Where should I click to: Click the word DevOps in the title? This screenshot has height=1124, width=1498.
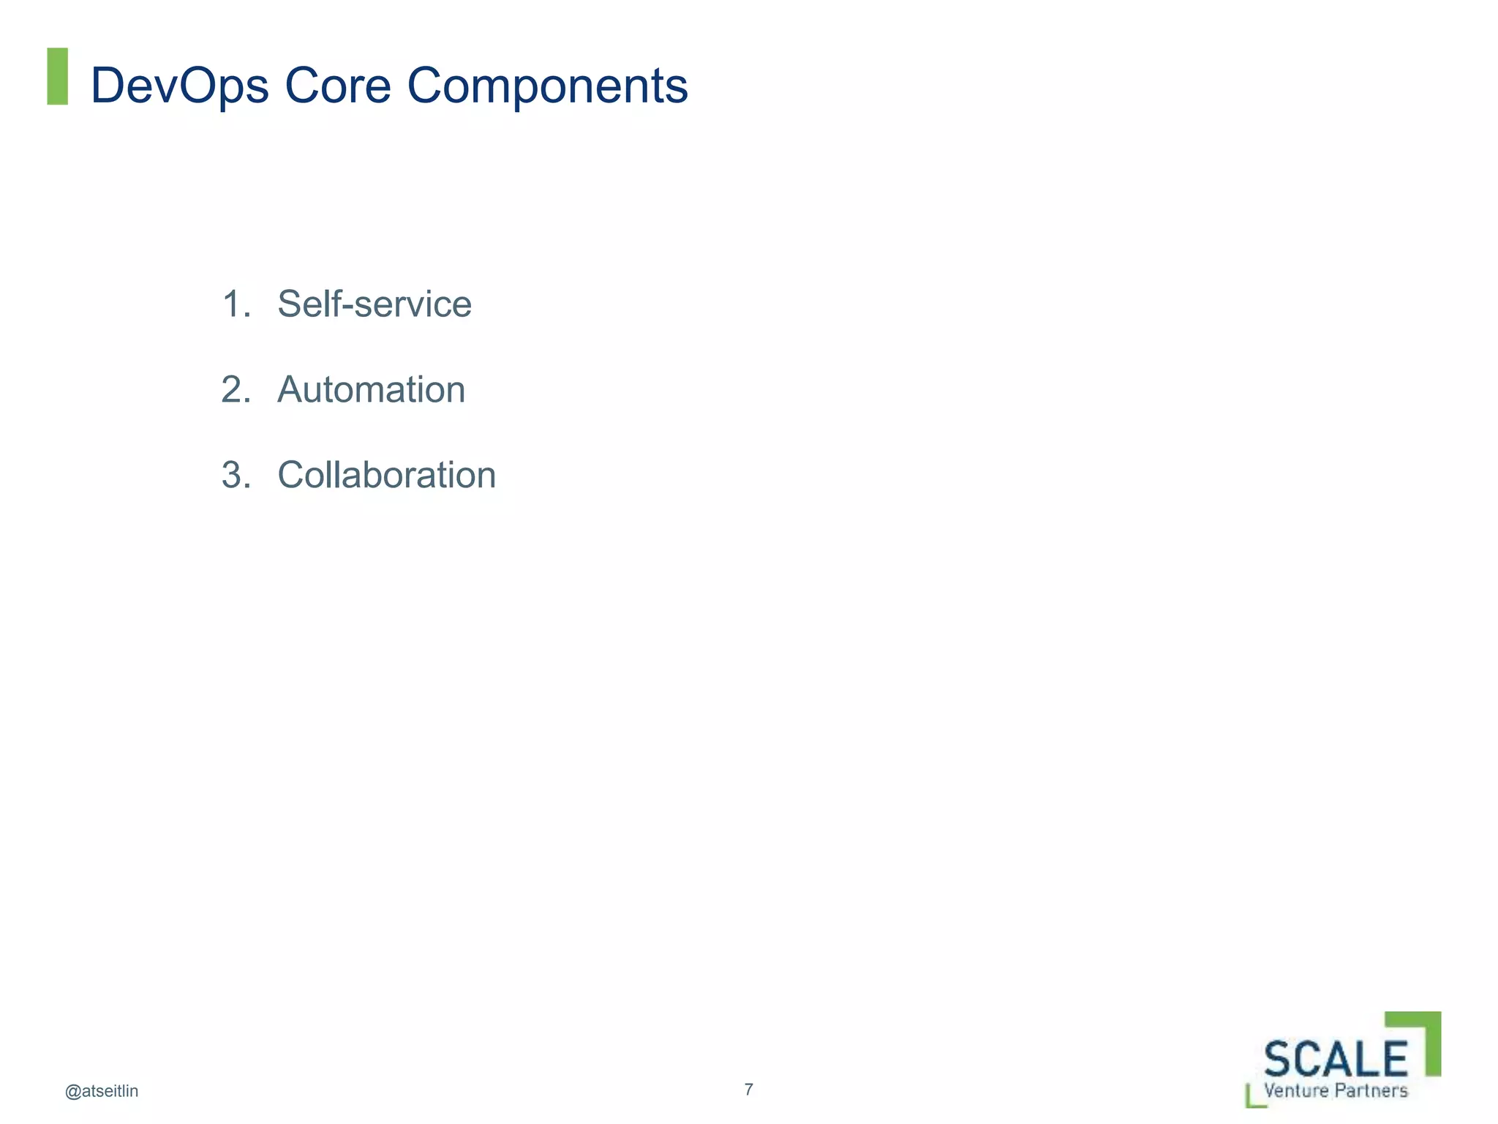(x=180, y=86)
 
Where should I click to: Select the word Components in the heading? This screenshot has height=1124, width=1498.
(x=547, y=86)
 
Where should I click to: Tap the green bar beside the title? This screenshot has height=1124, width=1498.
(x=57, y=76)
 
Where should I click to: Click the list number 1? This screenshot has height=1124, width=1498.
(x=234, y=304)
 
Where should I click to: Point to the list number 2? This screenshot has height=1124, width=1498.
(x=236, y=389)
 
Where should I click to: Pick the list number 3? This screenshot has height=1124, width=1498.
(x=236, y=475)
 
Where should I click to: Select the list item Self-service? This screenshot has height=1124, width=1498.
(x=374, y=304)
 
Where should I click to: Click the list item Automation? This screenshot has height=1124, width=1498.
(x=371, y=389)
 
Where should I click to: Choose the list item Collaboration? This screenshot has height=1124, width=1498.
(x=386, y=475)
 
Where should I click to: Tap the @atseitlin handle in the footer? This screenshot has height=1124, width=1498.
(x=102, y=1091)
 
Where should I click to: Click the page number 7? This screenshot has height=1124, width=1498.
(x=748, y=1089)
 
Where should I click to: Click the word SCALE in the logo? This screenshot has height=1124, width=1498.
(x=1336, y=1059)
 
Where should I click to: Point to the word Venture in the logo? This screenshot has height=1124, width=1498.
(x=1296, y=1090)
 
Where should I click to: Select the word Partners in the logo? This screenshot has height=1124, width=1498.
(x=1371, y=1090)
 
